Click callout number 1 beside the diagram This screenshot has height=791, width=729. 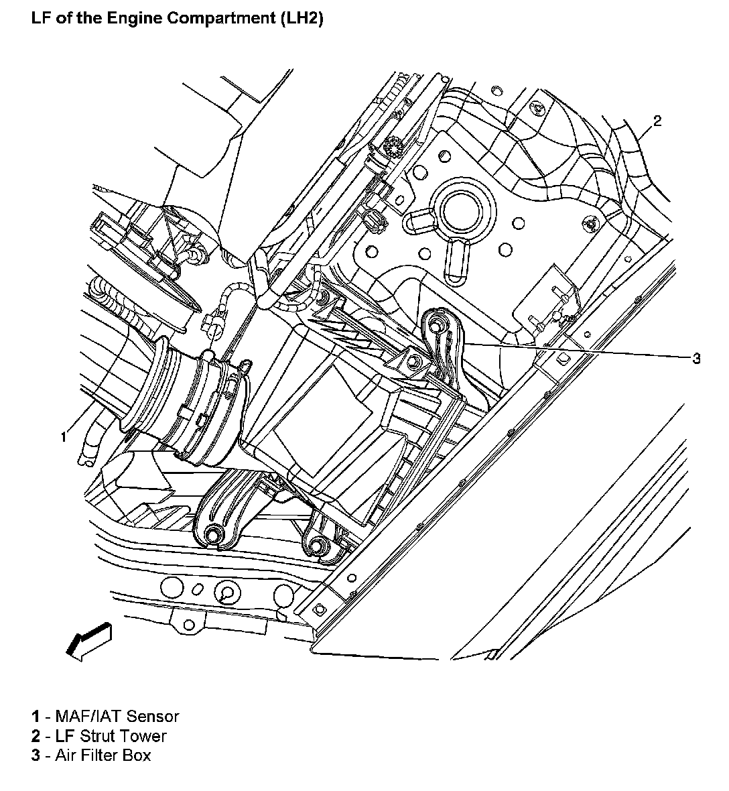[x=64, y=437]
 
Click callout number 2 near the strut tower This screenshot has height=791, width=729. [x=657, y=121]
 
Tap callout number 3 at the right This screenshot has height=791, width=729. [x=696, y=359]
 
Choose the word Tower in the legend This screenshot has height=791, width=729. [x=145, y=736]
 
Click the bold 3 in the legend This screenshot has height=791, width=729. [x=36, y=755]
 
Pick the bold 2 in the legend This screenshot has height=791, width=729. [x=36, y=736]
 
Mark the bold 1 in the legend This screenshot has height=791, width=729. [x=36, y=717]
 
